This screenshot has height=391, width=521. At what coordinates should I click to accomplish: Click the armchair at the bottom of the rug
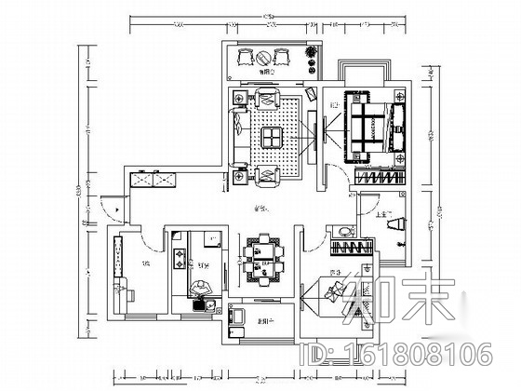(x=270, y=172)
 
